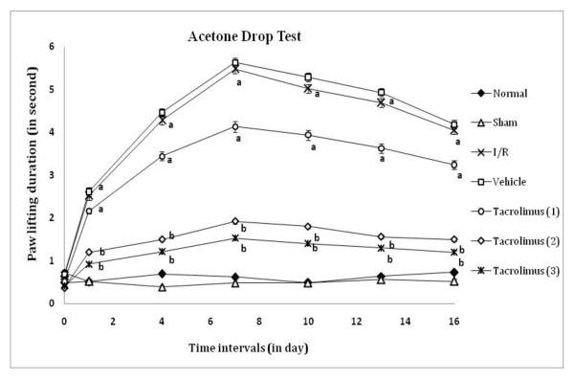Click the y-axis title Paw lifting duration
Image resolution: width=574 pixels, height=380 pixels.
[33, 172]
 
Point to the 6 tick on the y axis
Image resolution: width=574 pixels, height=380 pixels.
[51, 47]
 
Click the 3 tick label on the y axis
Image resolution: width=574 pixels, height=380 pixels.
[51, 175]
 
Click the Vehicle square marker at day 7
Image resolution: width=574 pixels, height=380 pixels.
[235, 63]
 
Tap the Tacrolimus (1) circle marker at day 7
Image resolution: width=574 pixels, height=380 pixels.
[235, 126]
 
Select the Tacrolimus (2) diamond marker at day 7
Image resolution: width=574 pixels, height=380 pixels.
[235, 221]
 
